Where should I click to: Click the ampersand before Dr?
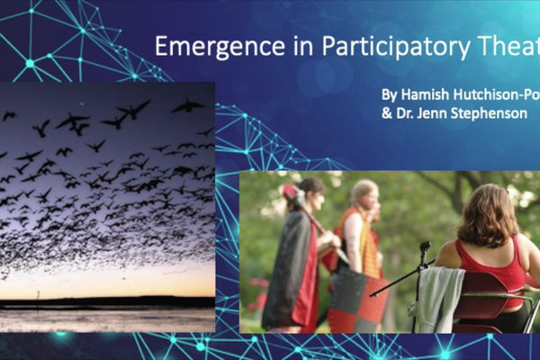click(386, 114)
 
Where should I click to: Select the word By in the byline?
click(389, 94)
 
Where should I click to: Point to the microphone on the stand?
click(424, 247)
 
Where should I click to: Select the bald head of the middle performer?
click(364, 192)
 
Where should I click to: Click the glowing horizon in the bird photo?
click(108, 291)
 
